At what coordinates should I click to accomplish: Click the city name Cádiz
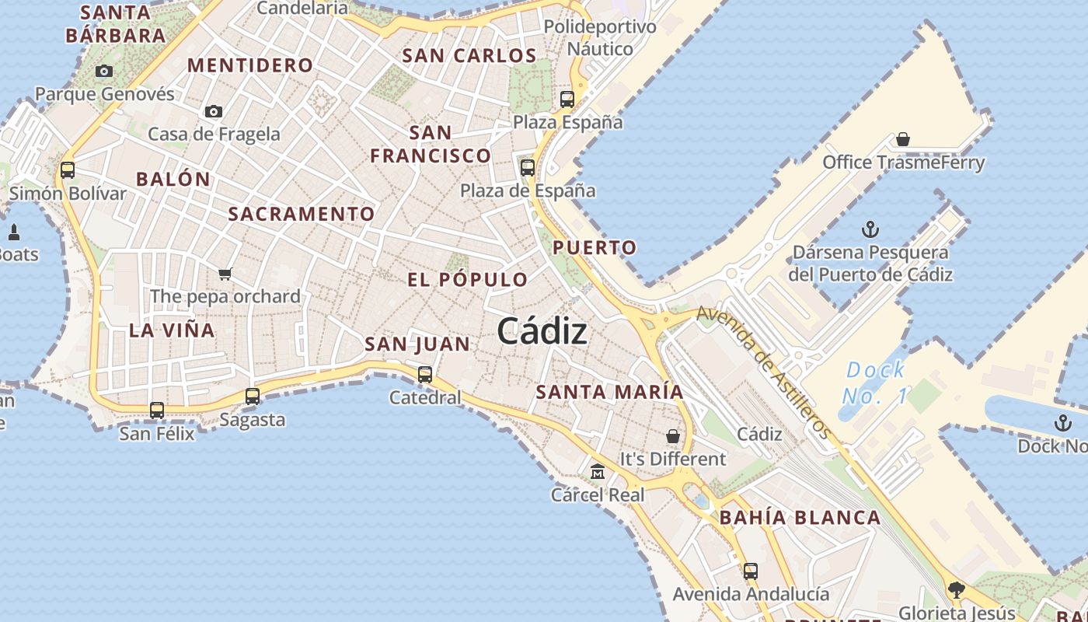coord(542,332)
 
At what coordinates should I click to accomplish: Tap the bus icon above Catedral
coord(425,374)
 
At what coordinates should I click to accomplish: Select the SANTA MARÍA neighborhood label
coord(610,392)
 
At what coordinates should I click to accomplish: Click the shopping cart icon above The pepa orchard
coord(225,274)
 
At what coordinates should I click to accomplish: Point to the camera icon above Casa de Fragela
coord(214,112)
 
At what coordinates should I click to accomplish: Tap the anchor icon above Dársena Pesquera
coord(870,229)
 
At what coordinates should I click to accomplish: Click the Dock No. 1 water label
coord(874,383)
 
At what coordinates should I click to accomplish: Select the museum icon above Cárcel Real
coord(598,471)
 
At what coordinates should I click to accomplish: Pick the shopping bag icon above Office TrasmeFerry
coord(903,139)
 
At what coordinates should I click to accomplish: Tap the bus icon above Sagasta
coord(253,396)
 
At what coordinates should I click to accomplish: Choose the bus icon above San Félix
coord(157,410)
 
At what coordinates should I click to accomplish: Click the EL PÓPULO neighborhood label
coord(467,280)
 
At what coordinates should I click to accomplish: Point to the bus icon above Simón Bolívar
coord(68,169)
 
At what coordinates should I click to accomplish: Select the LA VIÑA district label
coord(172,330)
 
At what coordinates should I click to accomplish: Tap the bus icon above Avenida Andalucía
coord(750,571)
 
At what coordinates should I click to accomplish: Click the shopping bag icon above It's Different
coord(673,436)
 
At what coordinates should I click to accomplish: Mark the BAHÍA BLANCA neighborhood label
coord(800,518)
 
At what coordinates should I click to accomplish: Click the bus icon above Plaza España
coord(567,99)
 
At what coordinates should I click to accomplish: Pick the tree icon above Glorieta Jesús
coord(957,590)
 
